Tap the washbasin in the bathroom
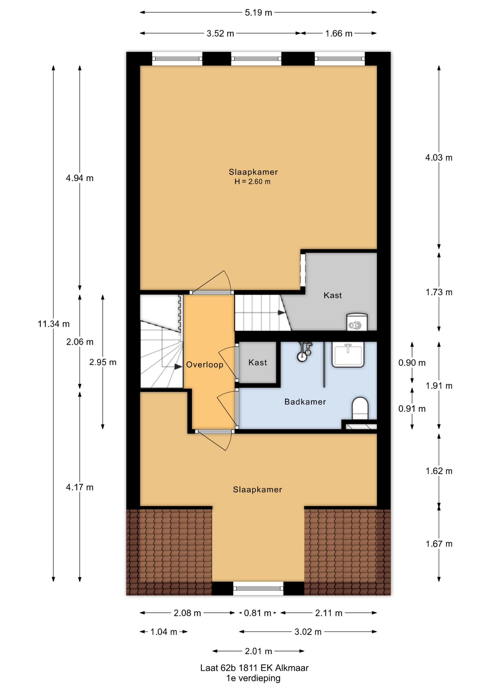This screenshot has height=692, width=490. pyautogui.click(x=348, y=355)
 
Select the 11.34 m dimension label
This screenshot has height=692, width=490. pyautogui.click(x=53, y=324)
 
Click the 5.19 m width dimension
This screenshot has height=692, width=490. pyautogui.click(x=258, y=13)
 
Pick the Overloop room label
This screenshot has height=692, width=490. pyautogui.click(x=205, y=365)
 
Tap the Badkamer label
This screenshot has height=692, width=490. pyautogui.click(x=305, y=402)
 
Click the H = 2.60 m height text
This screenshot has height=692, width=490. pyautogui.click(x=253, y=182)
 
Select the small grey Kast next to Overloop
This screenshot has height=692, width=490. pyautogui.click(x=258, y=362)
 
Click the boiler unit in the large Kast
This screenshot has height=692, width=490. pyautogui.click(x=357, y=322)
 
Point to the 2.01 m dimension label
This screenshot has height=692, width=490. pyautogui.click(x=258, y=651)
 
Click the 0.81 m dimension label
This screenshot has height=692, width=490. pyautogui.click(x=258, y=613)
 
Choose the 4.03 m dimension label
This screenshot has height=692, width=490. pyautogui.click(x=439, y=158)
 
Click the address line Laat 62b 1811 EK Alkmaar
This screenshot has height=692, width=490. pyautogui.click(x=254, y=668)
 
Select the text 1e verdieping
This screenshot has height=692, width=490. pyautogui.click(x=253, y=678)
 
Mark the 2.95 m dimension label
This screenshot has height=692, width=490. pyautogui.click(x=103, y=362)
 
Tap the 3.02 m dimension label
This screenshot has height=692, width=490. pyautogui.click(x=308, y=632)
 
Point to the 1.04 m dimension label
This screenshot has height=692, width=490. pyautogui.click(x=164, y=632)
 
